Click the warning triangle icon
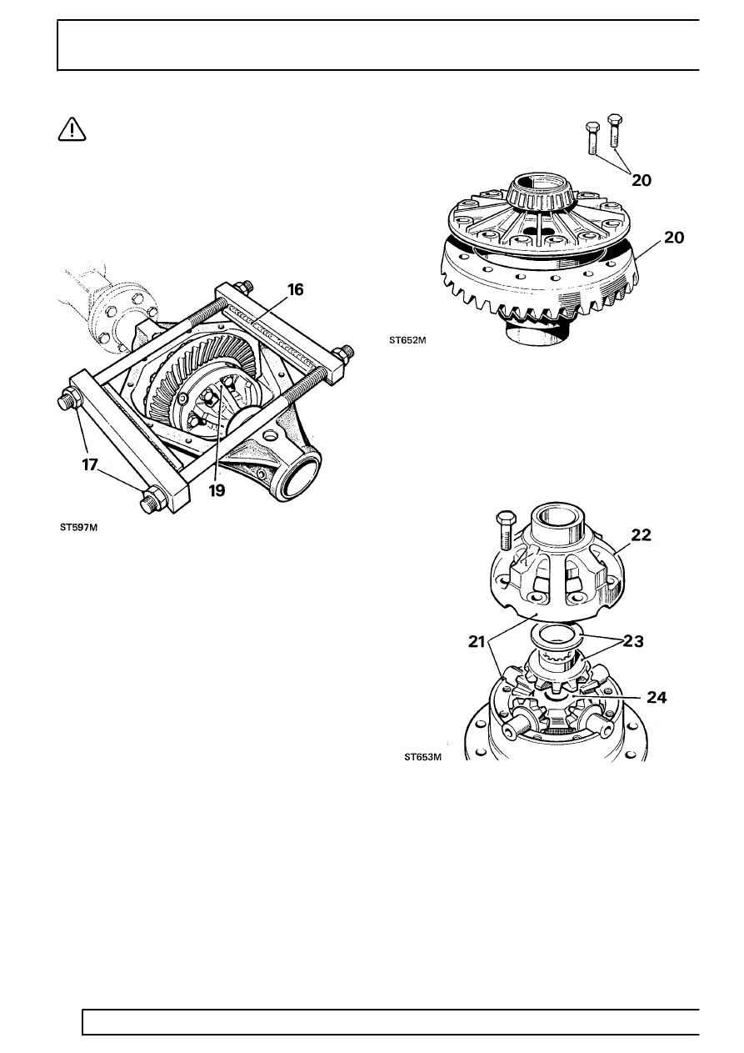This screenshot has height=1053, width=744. (72, 130)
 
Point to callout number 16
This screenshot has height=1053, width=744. (296, 289)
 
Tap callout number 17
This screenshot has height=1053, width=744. (89, 465)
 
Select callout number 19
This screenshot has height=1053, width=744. (217, 491)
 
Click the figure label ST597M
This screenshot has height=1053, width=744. (79, 528)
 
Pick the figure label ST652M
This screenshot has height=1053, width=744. (407, 340)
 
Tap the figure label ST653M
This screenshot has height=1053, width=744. (423, 757)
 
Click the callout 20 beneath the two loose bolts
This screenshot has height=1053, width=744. (642, 180)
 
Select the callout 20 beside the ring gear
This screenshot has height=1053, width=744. (674, 238)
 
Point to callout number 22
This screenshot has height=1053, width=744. (642, 534)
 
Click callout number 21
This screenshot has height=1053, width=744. (477, 642)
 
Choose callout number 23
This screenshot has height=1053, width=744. (632, 641)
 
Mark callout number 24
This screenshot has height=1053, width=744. (657, 698)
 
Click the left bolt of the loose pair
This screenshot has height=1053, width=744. (592, 138)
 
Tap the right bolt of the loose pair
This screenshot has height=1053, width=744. (614, 130)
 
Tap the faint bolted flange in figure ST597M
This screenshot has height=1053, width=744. (126, 318)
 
